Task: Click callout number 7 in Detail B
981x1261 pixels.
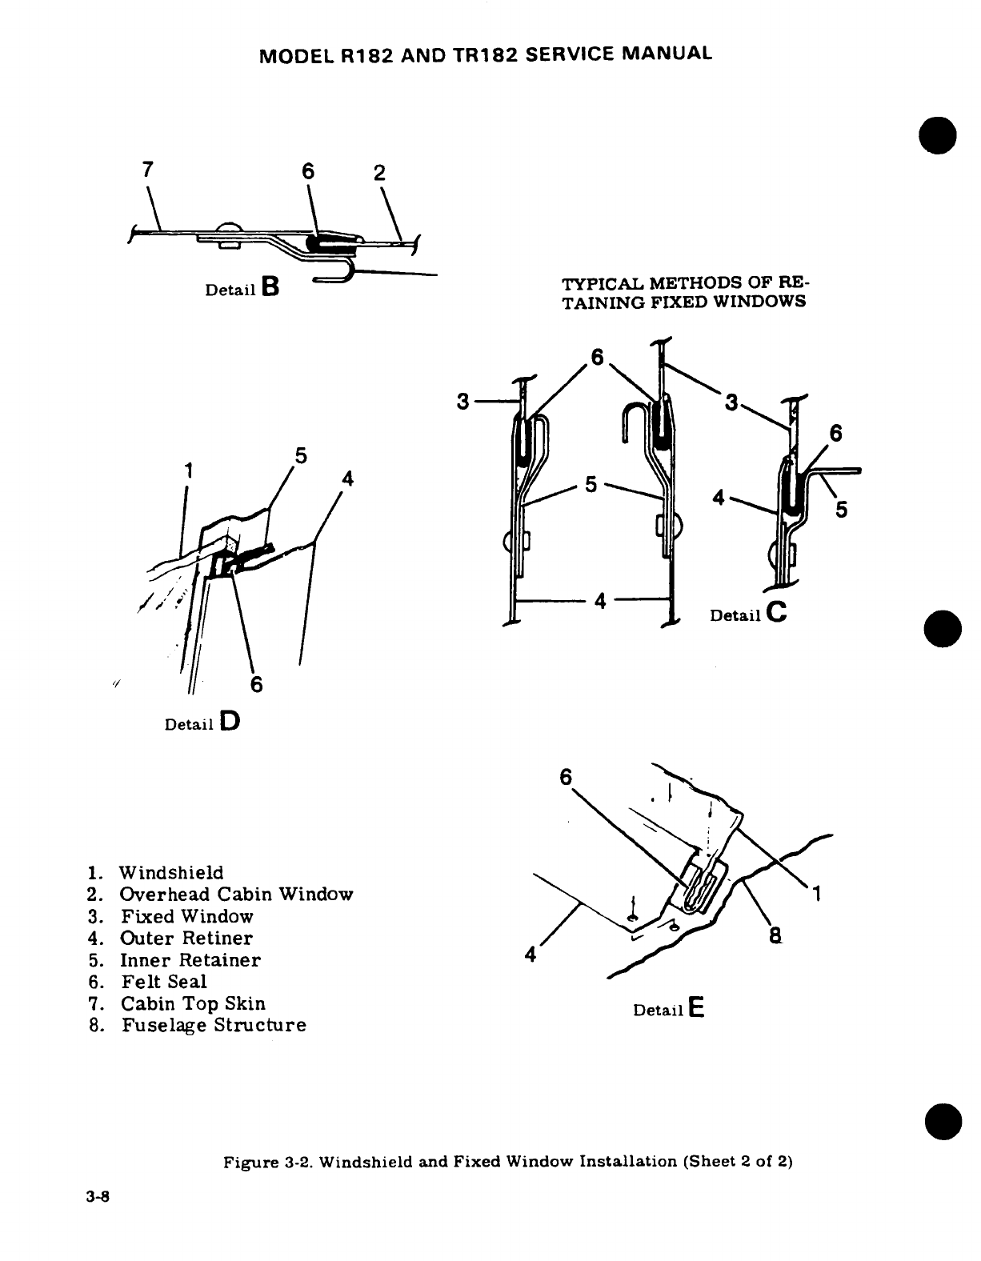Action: (x=146, y=170)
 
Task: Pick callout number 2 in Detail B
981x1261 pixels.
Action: (x=380, y=174)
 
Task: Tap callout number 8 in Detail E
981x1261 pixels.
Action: (x=775, y=934)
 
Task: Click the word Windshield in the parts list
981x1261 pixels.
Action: (x=172, y=872)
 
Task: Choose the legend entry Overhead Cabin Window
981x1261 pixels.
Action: (x=237, y=894)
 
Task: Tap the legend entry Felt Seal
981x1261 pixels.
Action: (x=164, y=982)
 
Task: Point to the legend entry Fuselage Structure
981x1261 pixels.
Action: (x=214, y=1025)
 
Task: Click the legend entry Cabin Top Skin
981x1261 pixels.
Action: (x=193, y=1003)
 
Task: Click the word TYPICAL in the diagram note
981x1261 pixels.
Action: (x=596, y=285)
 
